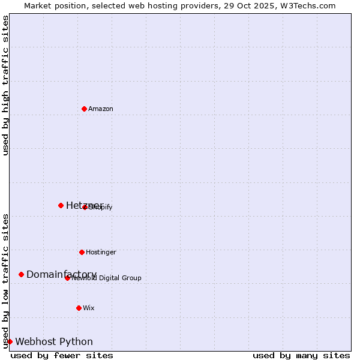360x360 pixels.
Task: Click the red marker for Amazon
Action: tap(84, 109)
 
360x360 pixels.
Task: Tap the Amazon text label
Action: tap(101, 109)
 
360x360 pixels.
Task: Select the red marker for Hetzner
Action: tap(61, 205)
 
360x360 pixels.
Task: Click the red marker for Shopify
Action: tap(85, 207)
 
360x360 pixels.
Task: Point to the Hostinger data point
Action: tap(82, 252)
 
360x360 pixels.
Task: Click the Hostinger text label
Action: tap(101, 252)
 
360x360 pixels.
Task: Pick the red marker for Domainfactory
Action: tap(21, 274)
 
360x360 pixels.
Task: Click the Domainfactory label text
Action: tap(61, 274)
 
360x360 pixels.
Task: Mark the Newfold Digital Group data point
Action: tap(67, 278)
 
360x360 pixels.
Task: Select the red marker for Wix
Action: tap(79, 308)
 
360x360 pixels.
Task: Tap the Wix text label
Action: tap(89, 308)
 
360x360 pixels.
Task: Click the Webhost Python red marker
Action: tap(10, 341)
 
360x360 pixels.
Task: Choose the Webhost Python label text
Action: tap(54, 341)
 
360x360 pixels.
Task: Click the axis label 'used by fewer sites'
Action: tap(62, 355)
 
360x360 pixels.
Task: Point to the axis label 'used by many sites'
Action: tap(301, 355)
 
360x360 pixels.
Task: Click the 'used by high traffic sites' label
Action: tap(5, 85)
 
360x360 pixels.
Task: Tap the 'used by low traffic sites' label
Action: tap(5, 280)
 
